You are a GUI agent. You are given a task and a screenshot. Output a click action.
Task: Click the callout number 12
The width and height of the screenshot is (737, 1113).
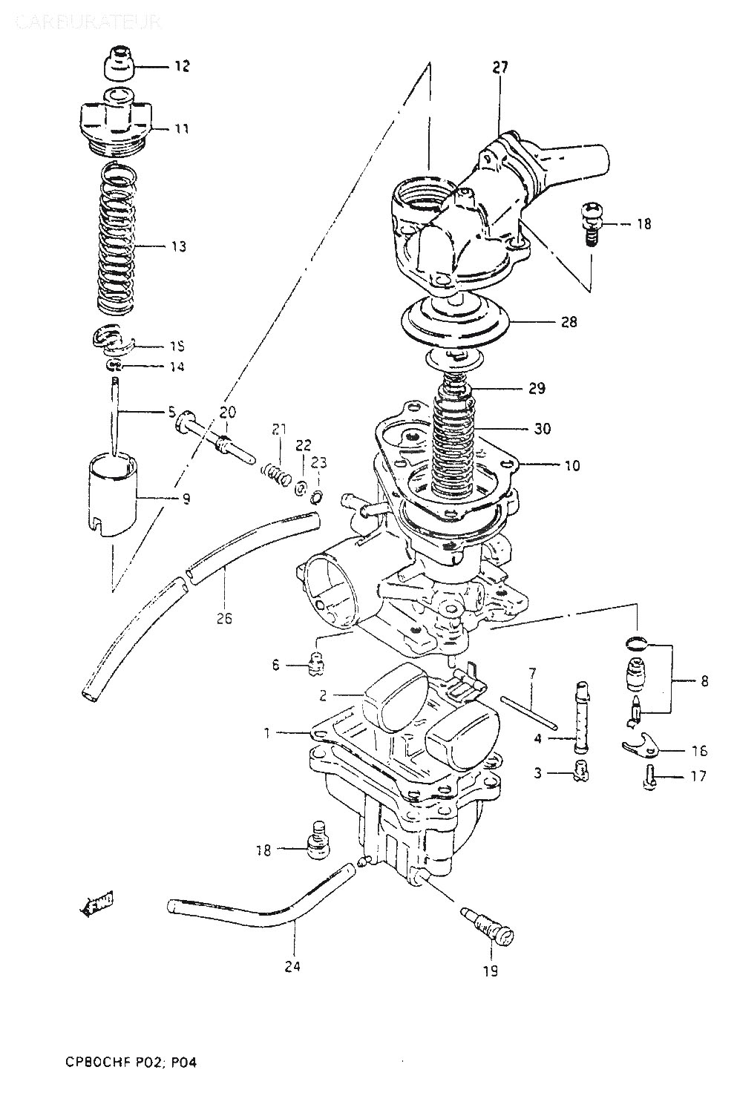tap(182, 67)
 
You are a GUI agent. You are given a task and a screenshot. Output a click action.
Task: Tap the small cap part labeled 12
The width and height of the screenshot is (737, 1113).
tap(119, 65)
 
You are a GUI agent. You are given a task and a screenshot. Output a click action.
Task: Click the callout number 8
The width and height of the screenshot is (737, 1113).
tap(703, 680)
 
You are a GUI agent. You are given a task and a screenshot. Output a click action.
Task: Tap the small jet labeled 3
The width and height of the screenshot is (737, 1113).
tap(580, 773)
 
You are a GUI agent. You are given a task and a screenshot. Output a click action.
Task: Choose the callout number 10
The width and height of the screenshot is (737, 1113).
tap(571, 466)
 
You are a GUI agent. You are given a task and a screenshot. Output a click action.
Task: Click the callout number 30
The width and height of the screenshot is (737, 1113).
tap(542, 429)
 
